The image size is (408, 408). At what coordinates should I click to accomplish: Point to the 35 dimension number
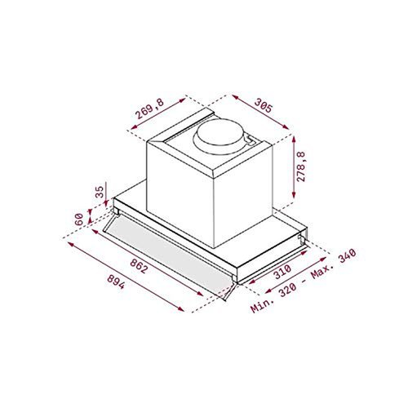(100, 193)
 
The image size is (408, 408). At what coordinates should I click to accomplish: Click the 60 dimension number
(80, 219)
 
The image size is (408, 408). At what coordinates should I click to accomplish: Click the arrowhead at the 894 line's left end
(67, 242)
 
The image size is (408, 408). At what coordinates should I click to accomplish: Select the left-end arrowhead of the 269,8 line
(131, 129)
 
